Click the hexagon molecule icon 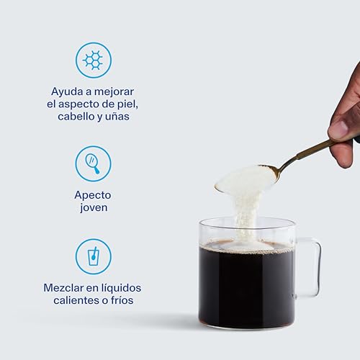click(94, 60)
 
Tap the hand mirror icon click(92, 163)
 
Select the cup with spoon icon click(94, 256)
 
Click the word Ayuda click(67, 91)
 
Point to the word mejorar click(114, 91)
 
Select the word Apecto click(93, 195)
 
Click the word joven click(94, 207)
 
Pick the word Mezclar click(63, 288)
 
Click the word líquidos click(121, 288)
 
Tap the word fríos click(122, 300)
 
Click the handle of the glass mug click(319, 269)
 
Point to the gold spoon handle click(307, 153)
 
